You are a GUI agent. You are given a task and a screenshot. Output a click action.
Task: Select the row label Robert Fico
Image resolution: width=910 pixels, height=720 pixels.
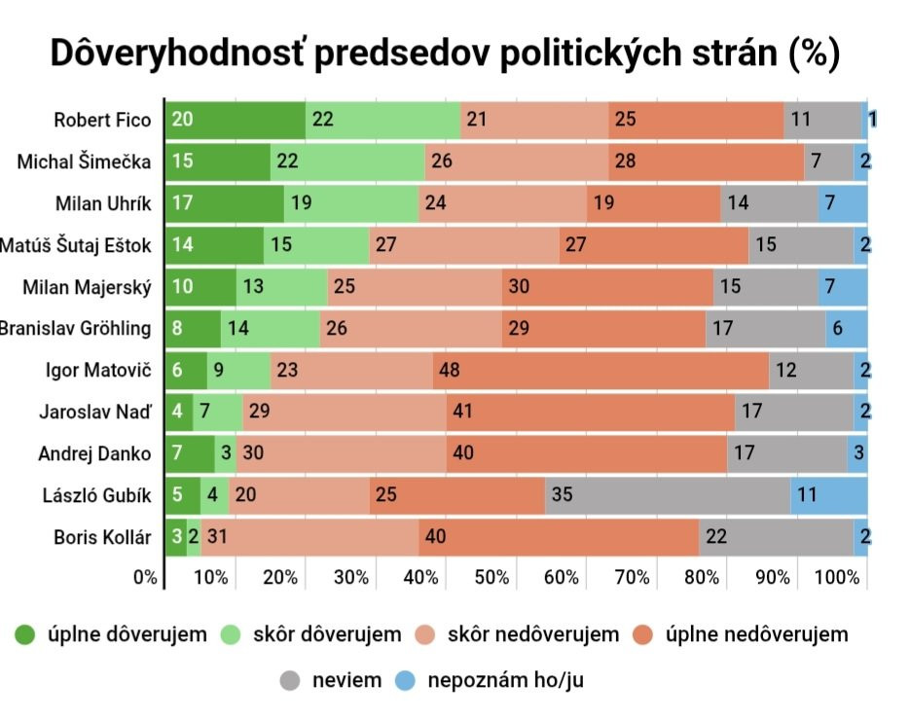[x=102, y=121]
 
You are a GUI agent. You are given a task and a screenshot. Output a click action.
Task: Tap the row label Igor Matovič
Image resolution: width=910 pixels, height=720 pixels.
[x=98, y=370]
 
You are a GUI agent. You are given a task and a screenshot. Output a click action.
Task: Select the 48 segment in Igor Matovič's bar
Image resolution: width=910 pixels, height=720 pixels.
[x=601, y=370]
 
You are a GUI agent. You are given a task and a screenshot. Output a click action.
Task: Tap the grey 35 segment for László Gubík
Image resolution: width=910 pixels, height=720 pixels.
[x=668, y=495]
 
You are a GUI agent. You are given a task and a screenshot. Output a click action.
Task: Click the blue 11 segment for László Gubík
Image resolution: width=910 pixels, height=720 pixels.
[x=828, y=495]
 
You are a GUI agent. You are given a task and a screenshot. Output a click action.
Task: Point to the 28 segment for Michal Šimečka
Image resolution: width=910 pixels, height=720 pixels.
[x=706, y=162]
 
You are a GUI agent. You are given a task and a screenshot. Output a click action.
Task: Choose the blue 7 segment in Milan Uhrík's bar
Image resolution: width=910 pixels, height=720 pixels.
[x=842, y=203]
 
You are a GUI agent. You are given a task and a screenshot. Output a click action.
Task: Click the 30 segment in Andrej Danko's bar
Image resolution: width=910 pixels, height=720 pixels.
[x=341, y=453]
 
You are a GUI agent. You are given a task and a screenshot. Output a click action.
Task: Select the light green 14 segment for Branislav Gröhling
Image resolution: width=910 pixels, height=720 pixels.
[x=270, y=328]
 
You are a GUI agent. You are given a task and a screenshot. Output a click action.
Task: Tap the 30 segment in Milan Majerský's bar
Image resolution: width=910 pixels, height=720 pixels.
[x=607, y=287]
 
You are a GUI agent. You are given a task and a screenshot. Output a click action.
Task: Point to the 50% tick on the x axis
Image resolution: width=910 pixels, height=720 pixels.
[x=491, y=577]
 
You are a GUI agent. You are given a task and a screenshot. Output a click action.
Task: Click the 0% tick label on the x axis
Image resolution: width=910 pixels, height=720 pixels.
[x=145, y=577]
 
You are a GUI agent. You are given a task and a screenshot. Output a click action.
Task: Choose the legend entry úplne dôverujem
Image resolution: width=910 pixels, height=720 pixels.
[x=112, y=635]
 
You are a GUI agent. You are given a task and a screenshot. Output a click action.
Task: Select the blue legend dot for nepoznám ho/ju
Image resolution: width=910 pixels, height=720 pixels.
[x=406, y=680]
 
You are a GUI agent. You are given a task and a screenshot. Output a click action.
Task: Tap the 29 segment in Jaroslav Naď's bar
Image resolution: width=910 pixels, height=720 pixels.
[x=345, y=412]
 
